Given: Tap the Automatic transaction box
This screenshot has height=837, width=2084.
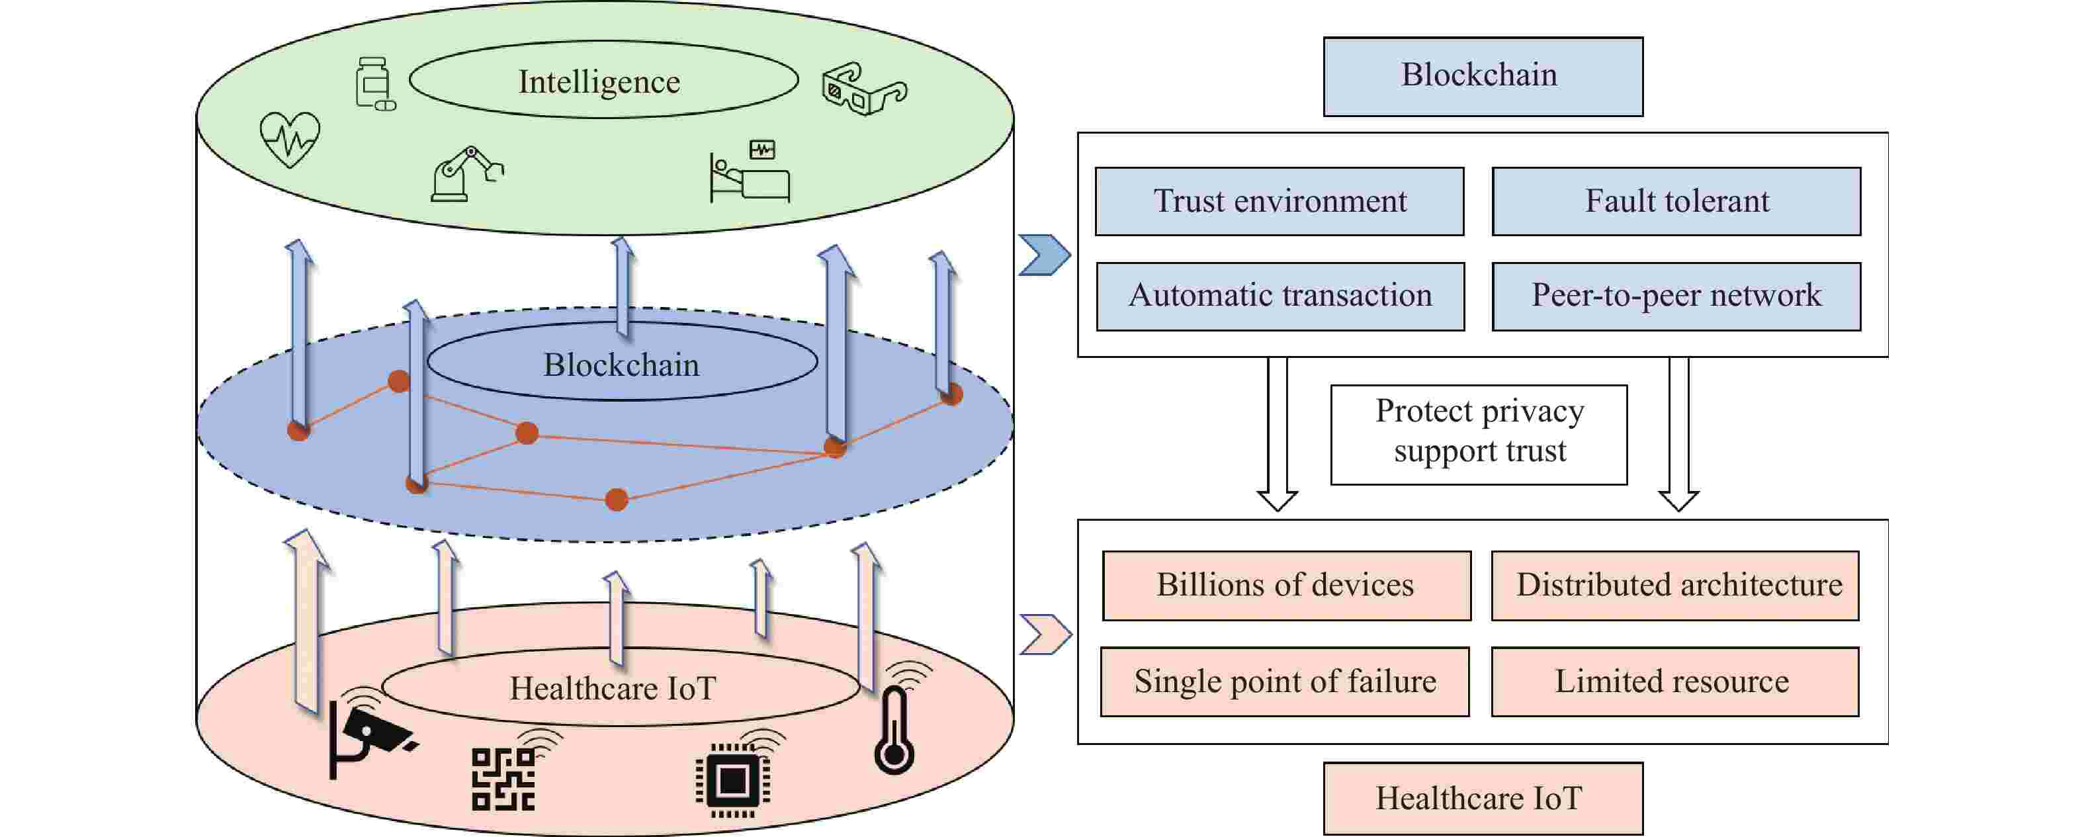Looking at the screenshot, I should point(1280,296).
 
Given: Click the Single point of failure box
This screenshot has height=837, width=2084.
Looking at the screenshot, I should point(1284,682).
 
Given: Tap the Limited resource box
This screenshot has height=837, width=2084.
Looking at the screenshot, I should point(1674,682).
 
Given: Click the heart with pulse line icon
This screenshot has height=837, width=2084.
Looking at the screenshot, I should point(290,139).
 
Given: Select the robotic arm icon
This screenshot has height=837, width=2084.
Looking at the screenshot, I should point(465,174).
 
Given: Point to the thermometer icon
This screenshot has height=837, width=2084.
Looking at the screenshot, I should point(894,731).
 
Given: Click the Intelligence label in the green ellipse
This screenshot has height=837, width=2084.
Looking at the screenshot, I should point(599,82).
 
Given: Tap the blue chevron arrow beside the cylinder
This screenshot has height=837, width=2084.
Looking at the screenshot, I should point(1043,255).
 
